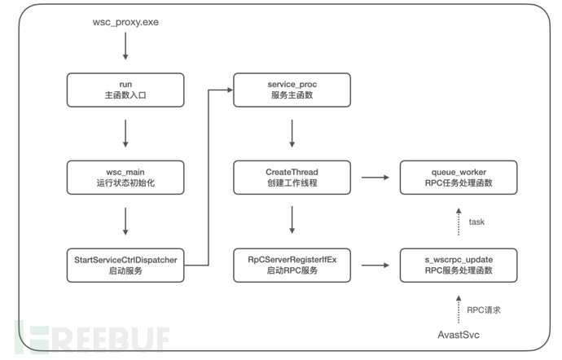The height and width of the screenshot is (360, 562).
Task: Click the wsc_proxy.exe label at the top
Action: pos(124,22)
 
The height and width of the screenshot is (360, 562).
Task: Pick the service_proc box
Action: pos(292,88)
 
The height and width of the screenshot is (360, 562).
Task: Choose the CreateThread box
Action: pos(292,176)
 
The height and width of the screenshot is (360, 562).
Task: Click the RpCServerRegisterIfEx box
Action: pos(292,265)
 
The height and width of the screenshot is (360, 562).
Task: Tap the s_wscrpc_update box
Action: pos(458,265)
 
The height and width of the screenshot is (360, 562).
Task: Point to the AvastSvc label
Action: pos(458,335)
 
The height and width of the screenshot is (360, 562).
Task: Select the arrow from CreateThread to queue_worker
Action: pos(374,176)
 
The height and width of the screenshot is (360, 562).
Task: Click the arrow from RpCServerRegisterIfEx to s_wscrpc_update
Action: pos(374,265)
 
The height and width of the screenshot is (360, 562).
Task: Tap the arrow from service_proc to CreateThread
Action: pos(292,132)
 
